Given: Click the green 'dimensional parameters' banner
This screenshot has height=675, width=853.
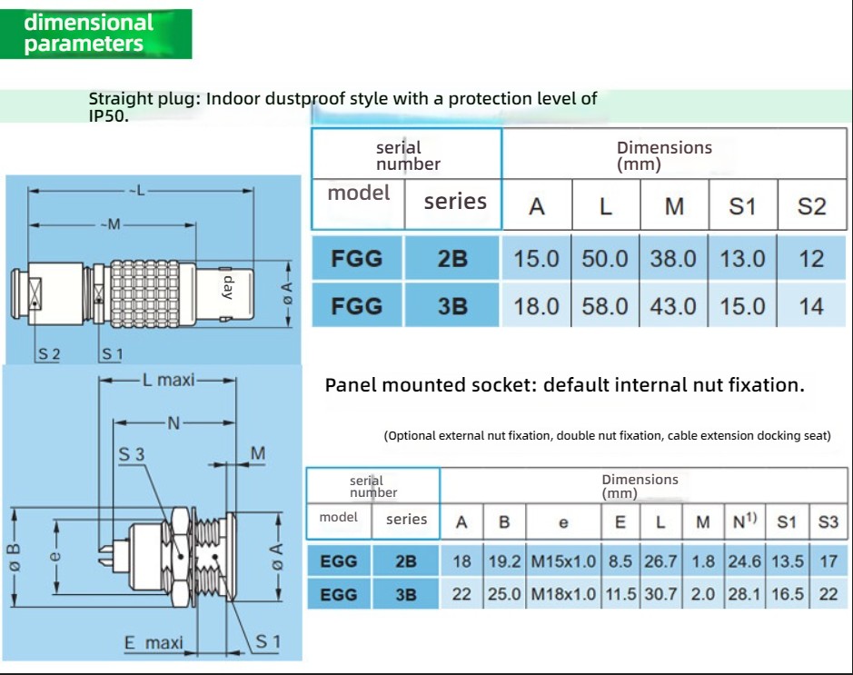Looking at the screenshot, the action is click(x=95, y=34).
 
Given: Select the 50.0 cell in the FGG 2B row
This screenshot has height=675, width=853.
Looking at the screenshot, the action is click(x=604, y=258).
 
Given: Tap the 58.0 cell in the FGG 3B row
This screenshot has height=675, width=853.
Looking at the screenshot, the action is click(x=604, y=306).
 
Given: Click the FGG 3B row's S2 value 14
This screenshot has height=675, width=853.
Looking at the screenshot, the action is click(x=811, y=306).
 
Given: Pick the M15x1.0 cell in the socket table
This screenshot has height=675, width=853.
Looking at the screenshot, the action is click(x=563, y=561).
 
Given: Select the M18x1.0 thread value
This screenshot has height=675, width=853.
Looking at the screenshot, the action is click(x=563, y=593).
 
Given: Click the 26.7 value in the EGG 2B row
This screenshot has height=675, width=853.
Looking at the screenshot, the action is click(x=660, y=561).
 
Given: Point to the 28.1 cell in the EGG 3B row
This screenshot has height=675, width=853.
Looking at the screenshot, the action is click(x=745, y=593).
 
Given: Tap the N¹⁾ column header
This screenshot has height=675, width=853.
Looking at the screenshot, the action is click(x=745, y=521).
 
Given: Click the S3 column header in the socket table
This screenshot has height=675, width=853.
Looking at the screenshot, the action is click(x=828, y=521).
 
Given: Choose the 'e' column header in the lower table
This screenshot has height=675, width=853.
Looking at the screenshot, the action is click(x=563, y=522).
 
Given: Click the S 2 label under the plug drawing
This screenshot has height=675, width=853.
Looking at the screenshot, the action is click(x=49, y=354).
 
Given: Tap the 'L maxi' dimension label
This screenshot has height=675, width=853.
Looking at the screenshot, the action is click(x=168, y=380).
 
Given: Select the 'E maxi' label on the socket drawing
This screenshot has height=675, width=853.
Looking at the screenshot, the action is click(x=154, y=643).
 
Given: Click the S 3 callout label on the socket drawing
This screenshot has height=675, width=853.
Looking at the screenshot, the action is click(x=132, y=453).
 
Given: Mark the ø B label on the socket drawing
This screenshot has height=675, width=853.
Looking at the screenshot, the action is click(x=15, y=557).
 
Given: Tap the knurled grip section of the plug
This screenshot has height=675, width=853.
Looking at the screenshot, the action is click(x=145, y=294).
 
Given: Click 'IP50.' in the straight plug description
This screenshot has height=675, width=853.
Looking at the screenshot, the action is click(x=109, y=116).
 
